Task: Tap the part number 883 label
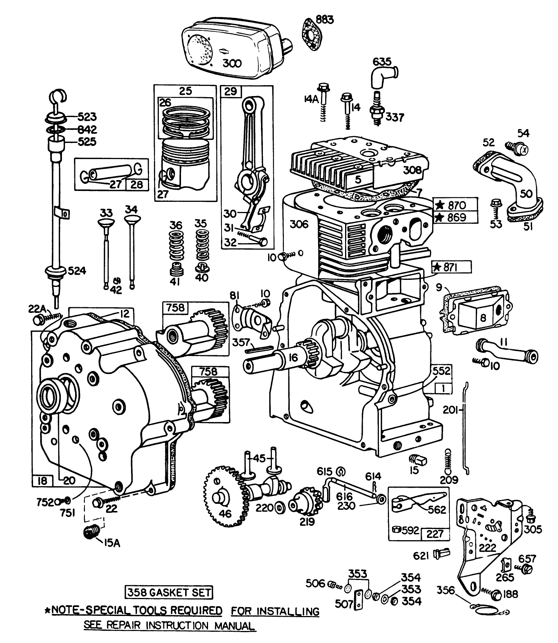point(324,19)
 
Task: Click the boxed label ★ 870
point(455,205)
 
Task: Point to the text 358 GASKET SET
point(168,593)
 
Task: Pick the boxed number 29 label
point(230,92)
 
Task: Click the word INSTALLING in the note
point(275,611)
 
